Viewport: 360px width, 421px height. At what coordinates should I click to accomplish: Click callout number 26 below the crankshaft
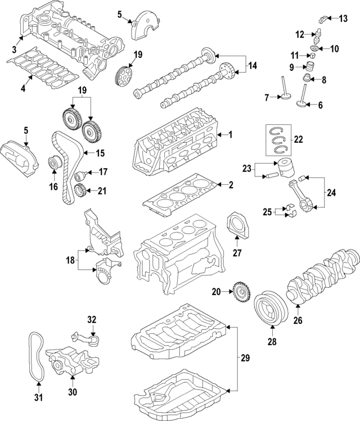coord(298,321)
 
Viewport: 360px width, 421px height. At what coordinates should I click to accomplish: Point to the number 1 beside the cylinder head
coord(229,135)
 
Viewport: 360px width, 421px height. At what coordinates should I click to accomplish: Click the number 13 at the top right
coord(343,19)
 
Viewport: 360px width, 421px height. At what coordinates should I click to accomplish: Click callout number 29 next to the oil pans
coord(245,357)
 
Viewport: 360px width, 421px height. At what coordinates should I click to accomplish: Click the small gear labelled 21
coord(80,191)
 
